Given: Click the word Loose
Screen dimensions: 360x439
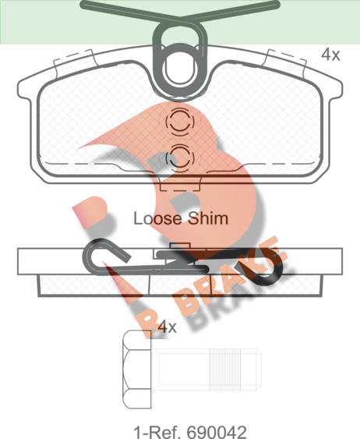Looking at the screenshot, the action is point(157,218).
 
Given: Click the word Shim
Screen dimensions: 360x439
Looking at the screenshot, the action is point(208,218).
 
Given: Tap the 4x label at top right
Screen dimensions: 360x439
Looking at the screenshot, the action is point(330,55).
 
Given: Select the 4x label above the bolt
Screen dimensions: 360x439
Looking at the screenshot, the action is point(167,326).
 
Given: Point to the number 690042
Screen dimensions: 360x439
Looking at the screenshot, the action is point(217,432).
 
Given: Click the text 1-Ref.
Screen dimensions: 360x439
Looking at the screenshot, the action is point(157,432).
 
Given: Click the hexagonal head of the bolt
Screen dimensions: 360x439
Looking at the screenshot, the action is point(137,369).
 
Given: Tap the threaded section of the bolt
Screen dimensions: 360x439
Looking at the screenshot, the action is point(225,369).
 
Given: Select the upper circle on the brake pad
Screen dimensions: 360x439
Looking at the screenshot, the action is point(179,122).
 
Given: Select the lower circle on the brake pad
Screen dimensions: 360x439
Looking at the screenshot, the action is point(179,158).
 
